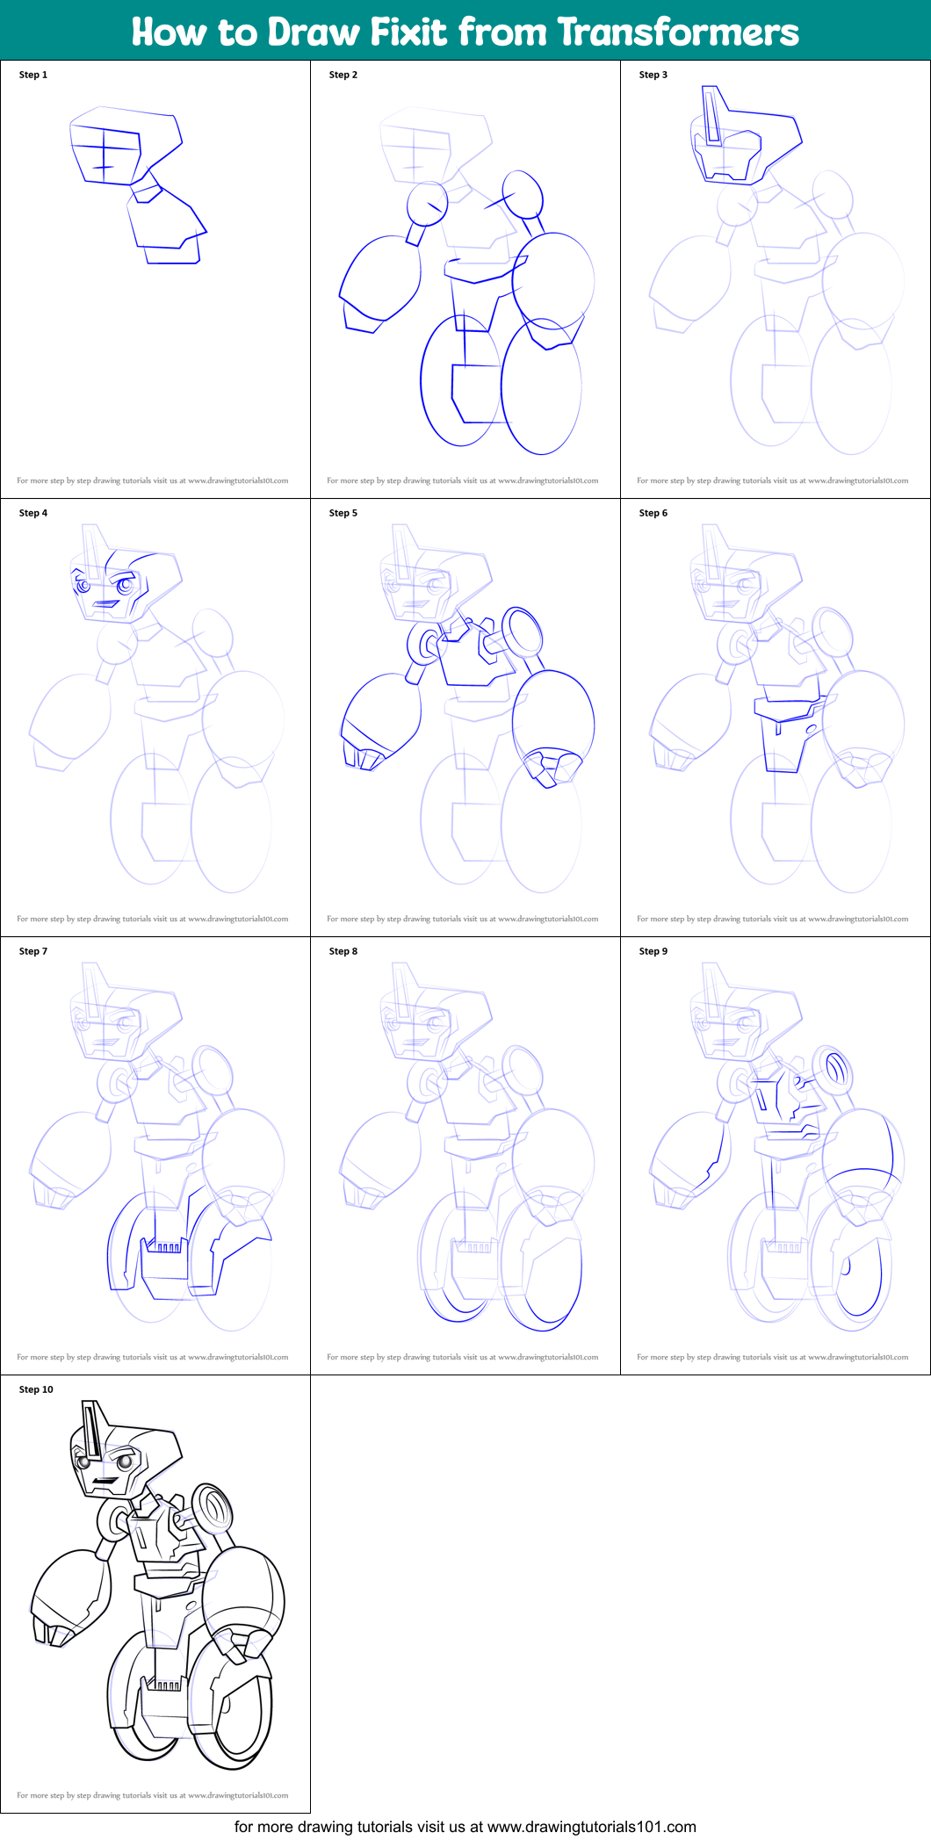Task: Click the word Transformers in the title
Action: click(x=677, y=32)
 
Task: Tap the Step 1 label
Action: click(x=33, y=75)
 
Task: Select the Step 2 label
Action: click(x=343, y=75)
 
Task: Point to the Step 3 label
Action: click(x=653, y=75)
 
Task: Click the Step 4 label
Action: click(x=33, y=513)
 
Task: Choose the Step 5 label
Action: click(x=343, y=513)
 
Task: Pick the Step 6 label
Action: click(x=653, y=513)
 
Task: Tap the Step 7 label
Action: click(x=33, y=951)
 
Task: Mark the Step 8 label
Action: click(x=343, y=951)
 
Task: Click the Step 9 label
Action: click(x=653, y=951)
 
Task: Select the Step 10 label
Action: click(x=36, y=1389)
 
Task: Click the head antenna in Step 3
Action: click(x=712, y=114)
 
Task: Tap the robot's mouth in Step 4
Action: click(x=107, y=603)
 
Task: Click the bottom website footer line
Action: click(x=465, y=1827)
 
